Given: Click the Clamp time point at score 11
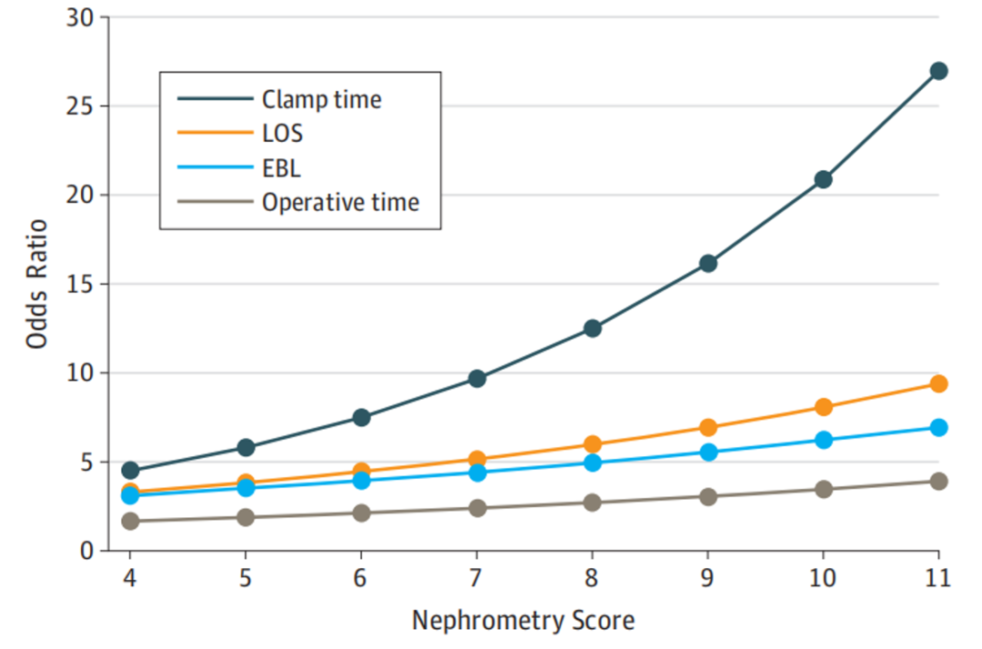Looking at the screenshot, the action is coord(938,71).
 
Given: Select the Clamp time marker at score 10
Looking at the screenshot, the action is coord(823,180).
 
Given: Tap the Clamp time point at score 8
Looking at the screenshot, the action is coord(593,328).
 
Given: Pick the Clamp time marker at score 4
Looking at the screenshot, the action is coord(130,470).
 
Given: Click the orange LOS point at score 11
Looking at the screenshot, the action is coord(938,384).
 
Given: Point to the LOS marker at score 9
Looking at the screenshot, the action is coord(707,427).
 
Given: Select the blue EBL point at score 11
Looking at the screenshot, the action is coord(938,427).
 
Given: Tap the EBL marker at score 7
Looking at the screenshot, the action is coord(477,473).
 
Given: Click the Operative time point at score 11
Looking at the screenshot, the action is coord(938,481).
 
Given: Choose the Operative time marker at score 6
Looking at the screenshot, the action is coord(361,514).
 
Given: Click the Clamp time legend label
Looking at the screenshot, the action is coord(321,99).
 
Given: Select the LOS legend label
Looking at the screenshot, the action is coord(283,134).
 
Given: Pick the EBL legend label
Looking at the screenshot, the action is coord(281,168).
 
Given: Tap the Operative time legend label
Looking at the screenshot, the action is coord(341,203).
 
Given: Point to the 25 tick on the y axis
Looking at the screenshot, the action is coord(79,106).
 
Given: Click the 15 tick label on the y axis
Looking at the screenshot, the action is coord(79,285).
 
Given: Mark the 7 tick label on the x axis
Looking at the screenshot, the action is coord(476,578).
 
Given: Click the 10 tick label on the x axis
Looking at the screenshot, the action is coord(822,578).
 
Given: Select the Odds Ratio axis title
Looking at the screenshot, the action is coord(37,285).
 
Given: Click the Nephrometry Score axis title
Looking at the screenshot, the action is coord(524,621).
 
